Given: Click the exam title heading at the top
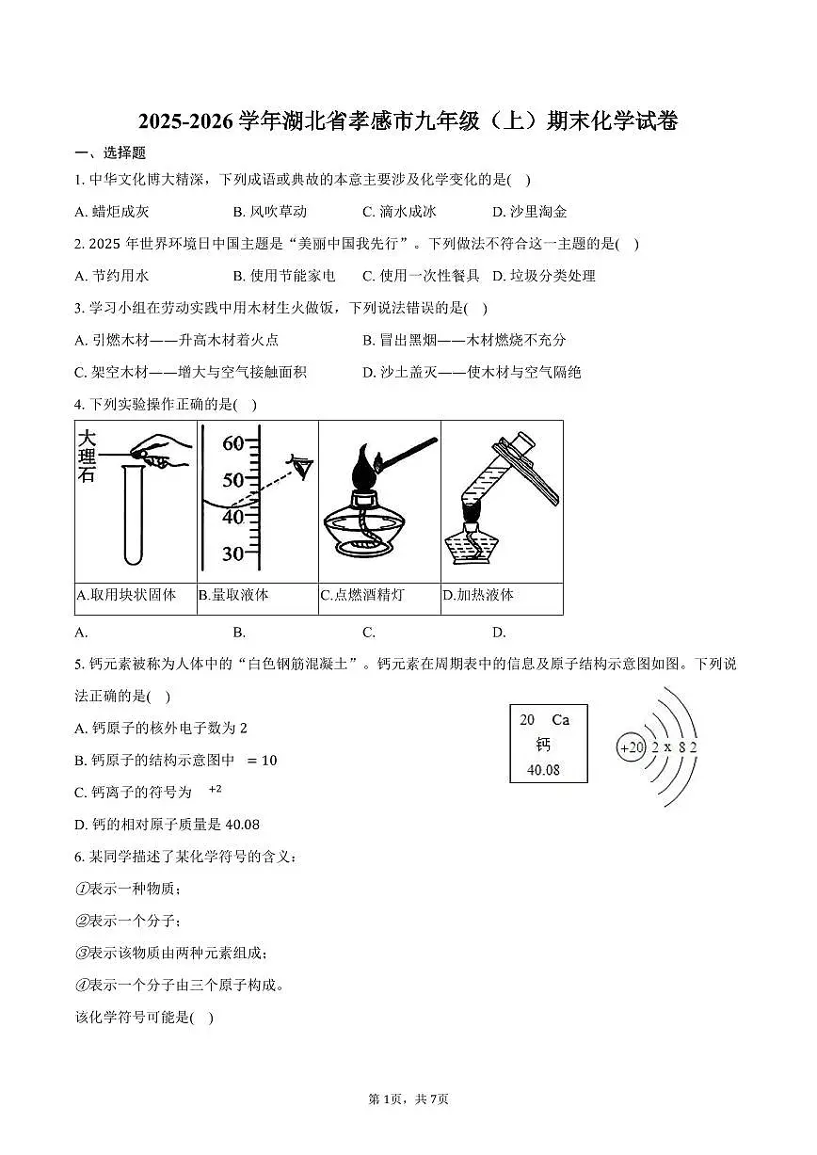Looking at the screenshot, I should click(x=408, y=121).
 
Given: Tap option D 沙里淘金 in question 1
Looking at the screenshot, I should click(x=529, y=212).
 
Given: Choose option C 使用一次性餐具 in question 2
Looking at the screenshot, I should click(x=421, y=276).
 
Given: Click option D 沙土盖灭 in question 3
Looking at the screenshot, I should click(x=472, y=372).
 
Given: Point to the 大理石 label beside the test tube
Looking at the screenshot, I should click(x=87, y=456).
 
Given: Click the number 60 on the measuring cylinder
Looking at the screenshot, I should click(x=232, y=443).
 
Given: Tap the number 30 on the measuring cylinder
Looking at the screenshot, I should click(x=232, y=553).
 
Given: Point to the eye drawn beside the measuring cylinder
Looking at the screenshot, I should click(x=301, y=466).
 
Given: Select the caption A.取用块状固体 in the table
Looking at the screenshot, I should click(x=126, y=595).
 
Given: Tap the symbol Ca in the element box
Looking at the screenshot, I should click(x=560, y=720).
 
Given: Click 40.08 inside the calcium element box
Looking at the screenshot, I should click(x=543, y=769).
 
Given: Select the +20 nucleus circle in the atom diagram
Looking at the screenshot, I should click(x=632, y=747).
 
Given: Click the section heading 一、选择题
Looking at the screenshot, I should click(x=110, y=153).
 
